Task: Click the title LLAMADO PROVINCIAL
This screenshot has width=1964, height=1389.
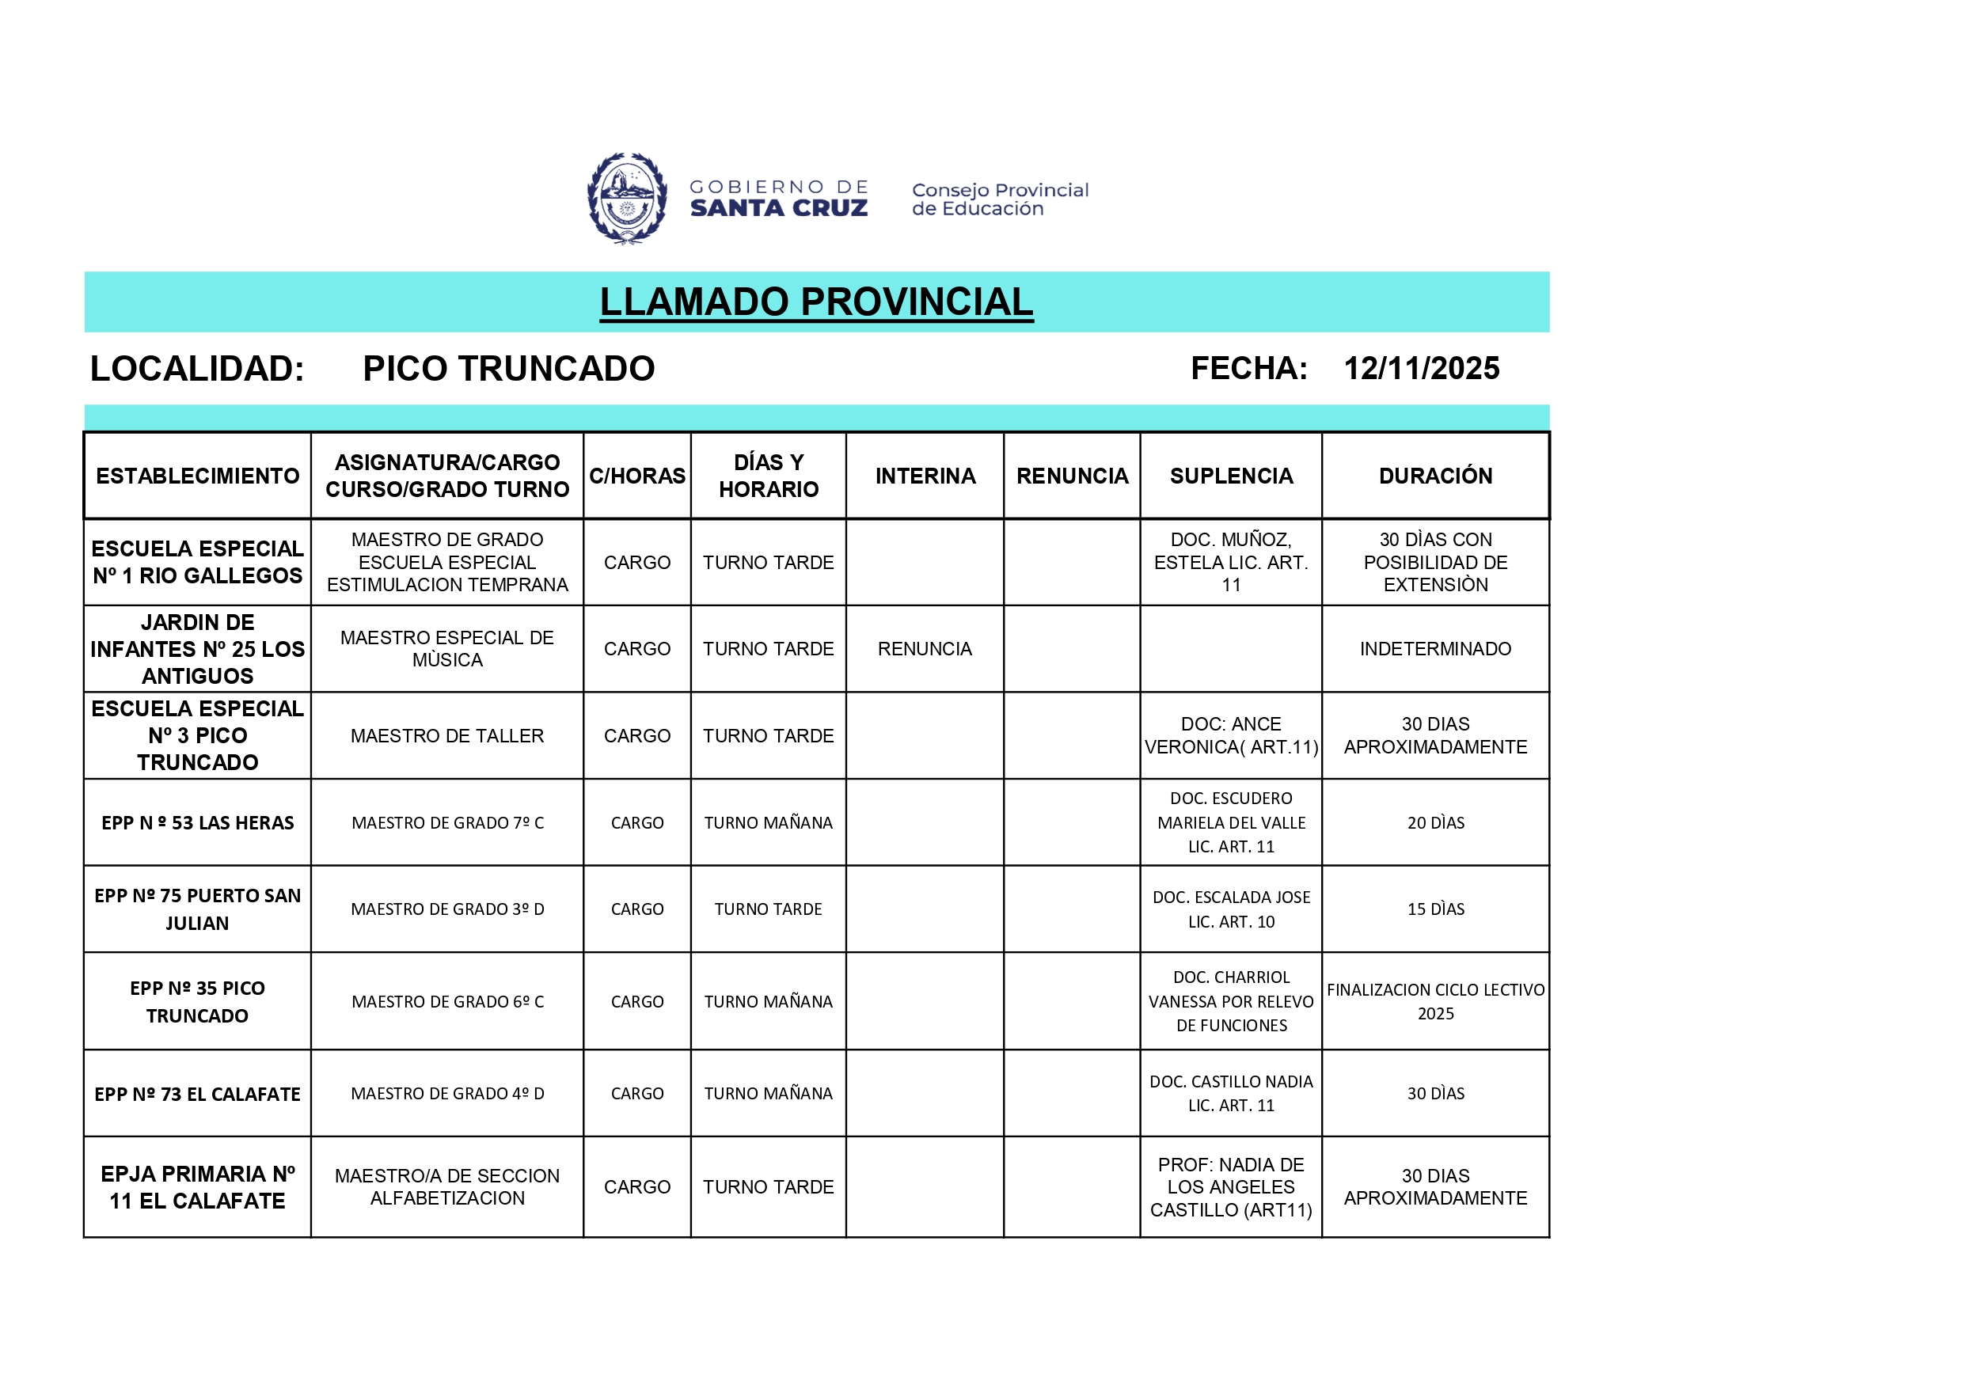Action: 816,302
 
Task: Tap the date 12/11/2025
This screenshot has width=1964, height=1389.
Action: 1421,369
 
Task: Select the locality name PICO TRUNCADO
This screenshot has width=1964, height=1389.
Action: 508,369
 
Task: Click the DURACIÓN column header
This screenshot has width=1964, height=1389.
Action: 1434,476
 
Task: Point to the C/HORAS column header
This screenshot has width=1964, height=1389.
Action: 636,476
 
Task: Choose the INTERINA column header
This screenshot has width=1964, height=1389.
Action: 925,476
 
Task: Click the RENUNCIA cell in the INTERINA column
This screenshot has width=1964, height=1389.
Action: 925,648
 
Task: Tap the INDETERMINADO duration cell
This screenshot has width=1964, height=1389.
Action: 1434,648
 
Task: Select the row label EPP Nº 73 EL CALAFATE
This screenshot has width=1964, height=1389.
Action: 197,1094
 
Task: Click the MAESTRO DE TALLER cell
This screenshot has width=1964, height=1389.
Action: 446,735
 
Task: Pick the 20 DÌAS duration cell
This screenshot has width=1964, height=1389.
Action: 1434,823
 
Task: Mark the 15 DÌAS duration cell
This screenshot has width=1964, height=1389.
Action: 1434,909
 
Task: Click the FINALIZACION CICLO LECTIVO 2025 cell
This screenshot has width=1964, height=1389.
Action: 1434,1001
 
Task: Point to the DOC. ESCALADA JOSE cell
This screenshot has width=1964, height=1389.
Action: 1230,909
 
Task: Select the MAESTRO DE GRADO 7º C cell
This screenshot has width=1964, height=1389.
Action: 446,823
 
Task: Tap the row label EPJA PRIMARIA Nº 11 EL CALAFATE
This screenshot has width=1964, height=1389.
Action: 197,1187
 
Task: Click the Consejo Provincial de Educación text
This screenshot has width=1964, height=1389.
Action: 999,199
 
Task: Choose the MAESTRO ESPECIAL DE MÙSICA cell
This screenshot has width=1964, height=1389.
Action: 446,648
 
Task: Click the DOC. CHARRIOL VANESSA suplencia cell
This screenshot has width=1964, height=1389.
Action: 1230,1001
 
